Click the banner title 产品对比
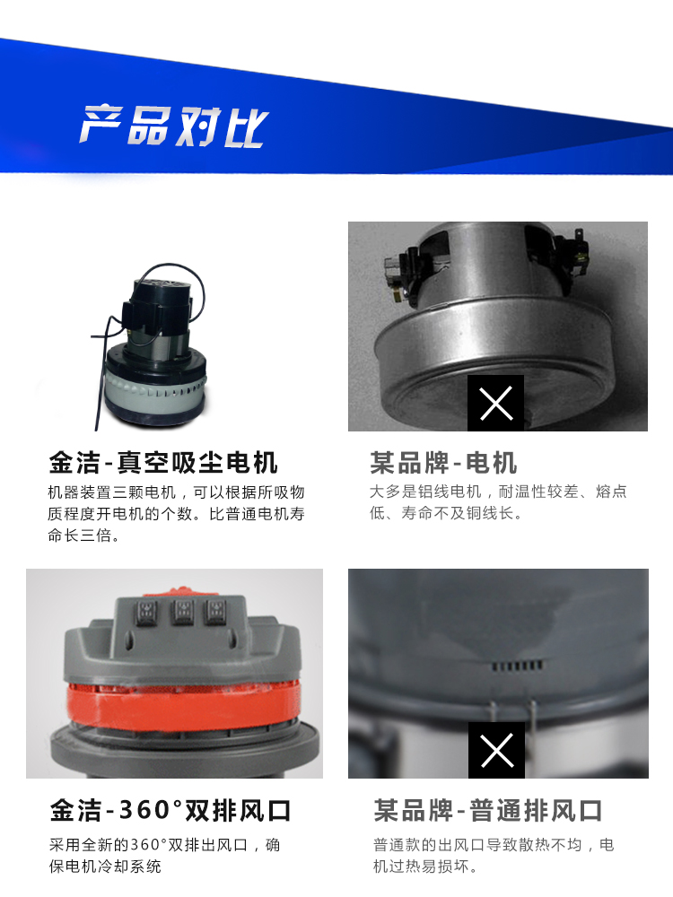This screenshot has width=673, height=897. pos(174,126)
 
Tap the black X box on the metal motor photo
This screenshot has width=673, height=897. pos(495,403)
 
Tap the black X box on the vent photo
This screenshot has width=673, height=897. pos(496,750)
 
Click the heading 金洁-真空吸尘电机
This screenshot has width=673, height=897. pos(163,462)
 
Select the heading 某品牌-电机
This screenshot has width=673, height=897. pos(443,462)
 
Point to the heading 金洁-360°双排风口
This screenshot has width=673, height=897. pos(170,810)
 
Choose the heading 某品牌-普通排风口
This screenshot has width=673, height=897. pos(487,810)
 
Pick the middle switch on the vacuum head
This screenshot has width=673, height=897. pos(182,612)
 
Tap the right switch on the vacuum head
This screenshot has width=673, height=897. pos(215,612)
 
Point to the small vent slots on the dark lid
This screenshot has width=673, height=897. pos(517,666)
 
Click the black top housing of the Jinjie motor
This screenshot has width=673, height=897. pos(160,301)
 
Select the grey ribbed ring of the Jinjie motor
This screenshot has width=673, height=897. pos(155,394)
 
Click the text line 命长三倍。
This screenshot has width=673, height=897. pos(83,536)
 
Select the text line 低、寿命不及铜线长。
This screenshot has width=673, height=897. pos(446,513)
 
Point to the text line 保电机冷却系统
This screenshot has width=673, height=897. pos(105,867)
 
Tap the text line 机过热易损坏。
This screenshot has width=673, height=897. pos(425,867)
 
